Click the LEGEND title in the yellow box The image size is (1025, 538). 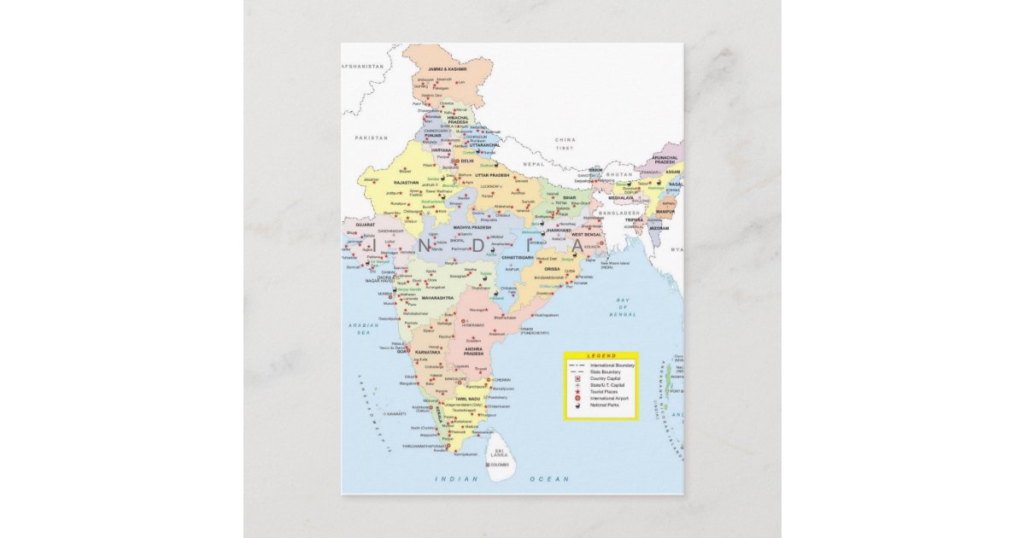click(600, 356)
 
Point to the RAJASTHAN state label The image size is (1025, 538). click(406, 182)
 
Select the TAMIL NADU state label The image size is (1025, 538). click(468, 399)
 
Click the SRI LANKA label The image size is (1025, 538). click(499, 453)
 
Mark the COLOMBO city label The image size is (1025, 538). click(499, 465)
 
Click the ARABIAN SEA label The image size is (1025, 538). click(363, 328)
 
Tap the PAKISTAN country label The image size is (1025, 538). click(372, 137)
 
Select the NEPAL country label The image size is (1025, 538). click(533, 163)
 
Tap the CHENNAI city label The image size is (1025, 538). click(501, 379)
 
